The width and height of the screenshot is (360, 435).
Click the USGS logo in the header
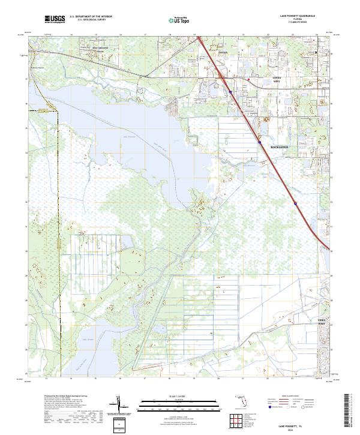click(x=55, y=20)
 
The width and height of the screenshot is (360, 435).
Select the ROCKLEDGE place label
click(x=279, y=146)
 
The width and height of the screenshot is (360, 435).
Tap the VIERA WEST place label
click(x=323, y=322)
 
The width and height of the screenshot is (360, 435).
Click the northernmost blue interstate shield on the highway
click(x=230, y=92)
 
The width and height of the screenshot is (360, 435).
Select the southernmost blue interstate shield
click(x=295, y=203)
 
